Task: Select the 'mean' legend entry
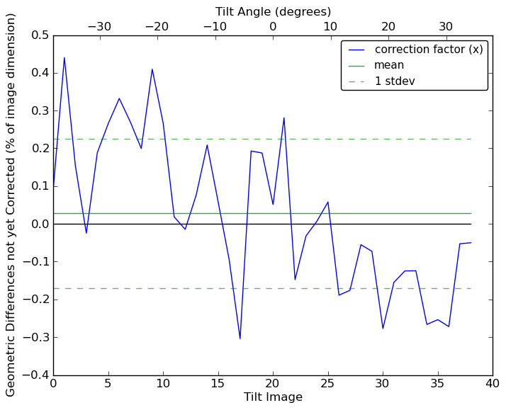(x=389, y=65)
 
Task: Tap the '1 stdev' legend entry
(x=394, y=81)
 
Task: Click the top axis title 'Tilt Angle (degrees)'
(x=273, y=11)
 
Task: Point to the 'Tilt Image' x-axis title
(x=273, y=397)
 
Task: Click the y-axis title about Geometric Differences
(x=11, y=205)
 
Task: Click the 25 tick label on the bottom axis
(x=327, y=385)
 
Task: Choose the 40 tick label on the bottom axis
(x=493, y=385)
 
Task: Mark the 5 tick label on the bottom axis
(x=108, y=385)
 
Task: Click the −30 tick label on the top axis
(x=99, y=27)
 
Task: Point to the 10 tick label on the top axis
(x=330, y=27)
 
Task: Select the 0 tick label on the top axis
(x=273, y=27)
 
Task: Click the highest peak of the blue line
(x=64, y=57)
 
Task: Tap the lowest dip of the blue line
(x=240, y=338)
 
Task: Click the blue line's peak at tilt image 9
(x=152, y=69)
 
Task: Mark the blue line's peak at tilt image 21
(x=284, y=118)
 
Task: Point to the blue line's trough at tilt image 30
(x=383, y=329)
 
